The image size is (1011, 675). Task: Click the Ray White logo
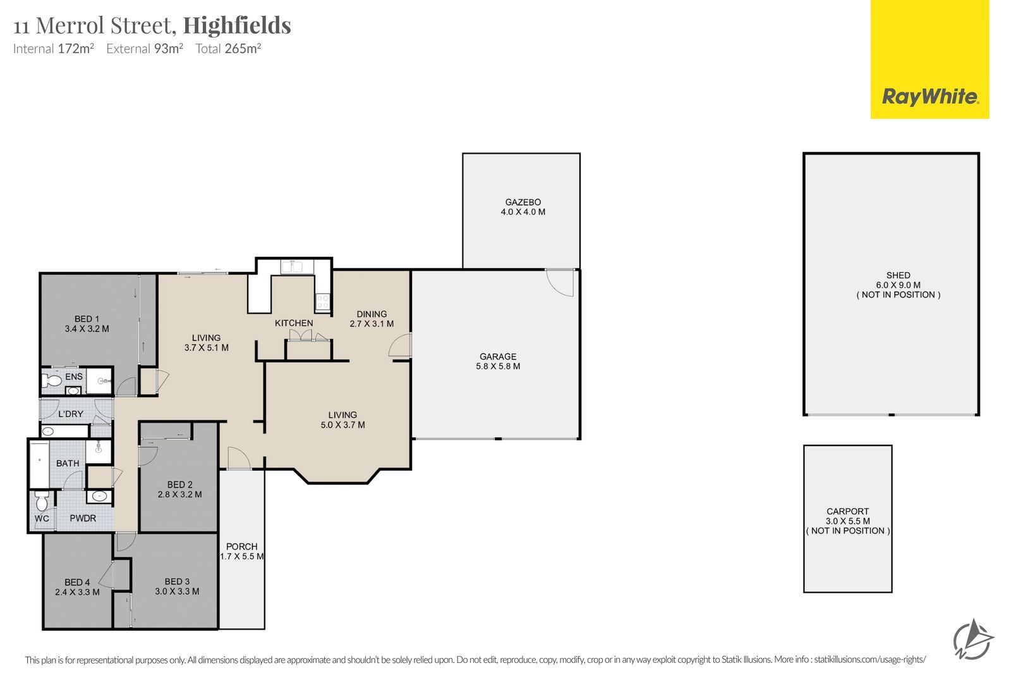[929, 59]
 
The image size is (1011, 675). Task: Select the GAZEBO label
[523, 202]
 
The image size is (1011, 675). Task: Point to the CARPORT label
[847, 511]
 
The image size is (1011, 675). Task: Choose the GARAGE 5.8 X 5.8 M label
[498, 361]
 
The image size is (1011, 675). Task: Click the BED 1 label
[87, 319]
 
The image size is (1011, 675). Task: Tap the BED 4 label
[77, 583]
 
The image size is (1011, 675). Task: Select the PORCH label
[242, 547]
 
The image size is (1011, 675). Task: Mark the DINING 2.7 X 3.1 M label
[372, 319]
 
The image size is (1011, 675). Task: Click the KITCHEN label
[294, 323]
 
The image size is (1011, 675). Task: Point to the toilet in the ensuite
[51, 380]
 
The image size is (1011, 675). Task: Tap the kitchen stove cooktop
[323, 301]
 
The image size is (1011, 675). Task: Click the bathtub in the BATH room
[39, 464]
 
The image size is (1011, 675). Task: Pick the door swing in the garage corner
[560, 283]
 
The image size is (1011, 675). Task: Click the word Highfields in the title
[237, 26]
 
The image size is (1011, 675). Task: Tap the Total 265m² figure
[228, 48]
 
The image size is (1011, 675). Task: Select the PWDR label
[83, 518]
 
